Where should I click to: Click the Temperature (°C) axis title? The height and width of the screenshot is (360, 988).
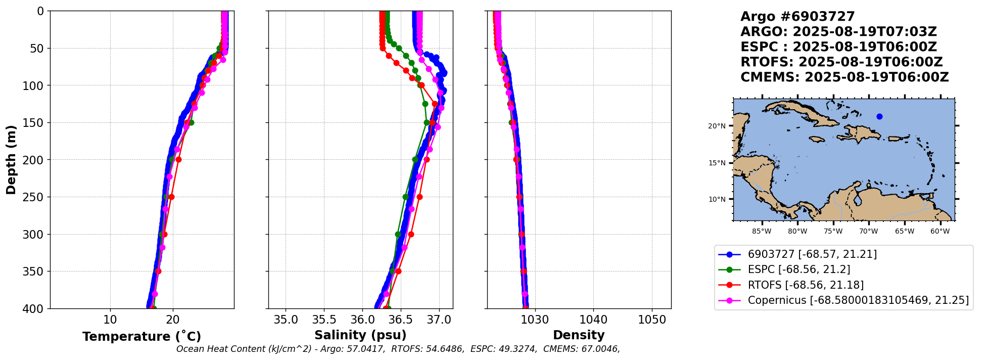(142, 336)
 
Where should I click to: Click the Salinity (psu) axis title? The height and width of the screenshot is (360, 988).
(360, 335)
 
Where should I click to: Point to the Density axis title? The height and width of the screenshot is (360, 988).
(579, 335)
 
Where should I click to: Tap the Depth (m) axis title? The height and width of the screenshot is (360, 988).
(11, 159)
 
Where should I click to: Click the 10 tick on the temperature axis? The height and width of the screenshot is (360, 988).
(110, 320)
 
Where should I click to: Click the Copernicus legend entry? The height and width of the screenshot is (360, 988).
(858, 300)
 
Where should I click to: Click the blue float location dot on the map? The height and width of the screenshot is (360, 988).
(879, 116)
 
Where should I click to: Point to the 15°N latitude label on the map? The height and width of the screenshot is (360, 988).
(717, 163)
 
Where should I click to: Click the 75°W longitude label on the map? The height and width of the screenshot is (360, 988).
(833, 232)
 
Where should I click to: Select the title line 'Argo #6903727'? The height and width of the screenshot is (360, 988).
(797, 17)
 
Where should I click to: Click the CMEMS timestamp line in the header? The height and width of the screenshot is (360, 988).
(844, 77)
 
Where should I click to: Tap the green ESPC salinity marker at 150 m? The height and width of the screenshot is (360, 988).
(427, 122)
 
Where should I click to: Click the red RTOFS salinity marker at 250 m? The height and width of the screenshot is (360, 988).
(419, 197)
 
